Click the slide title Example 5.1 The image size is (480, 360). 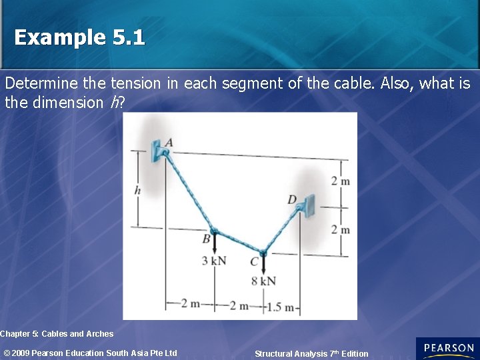[x=79, y=37]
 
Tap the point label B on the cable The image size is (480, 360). [x=206, y=238]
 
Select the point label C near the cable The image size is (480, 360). [x=253, y=262]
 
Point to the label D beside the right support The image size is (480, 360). [x=292, y=199]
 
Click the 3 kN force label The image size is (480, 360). [x=214, y=260]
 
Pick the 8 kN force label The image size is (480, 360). [x=264, y=281]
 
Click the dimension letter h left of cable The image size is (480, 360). [x=137, y=191]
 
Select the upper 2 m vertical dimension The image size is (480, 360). [x=341, y=181]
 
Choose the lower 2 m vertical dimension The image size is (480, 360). [x=341, y=230]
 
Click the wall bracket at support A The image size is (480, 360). [x=159, y=151]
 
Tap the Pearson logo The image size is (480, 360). [x=447, y=348]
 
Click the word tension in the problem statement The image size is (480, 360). [x=136, y=83]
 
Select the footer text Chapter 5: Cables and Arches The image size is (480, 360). [x=57, y=333]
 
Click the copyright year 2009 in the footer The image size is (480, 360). [x=21, y=353]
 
